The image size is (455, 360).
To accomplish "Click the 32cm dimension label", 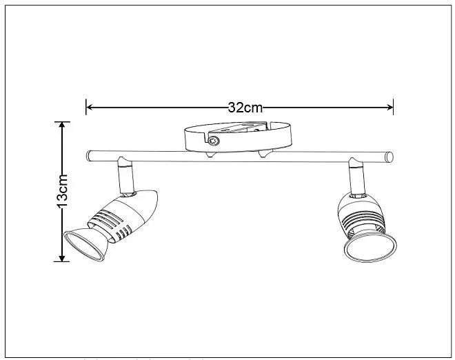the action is click(245, 108).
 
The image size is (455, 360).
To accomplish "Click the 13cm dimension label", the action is click(62, 192).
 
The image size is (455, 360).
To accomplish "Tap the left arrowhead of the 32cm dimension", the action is click(90, 108).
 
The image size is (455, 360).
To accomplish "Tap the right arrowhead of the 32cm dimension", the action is click(390, 108).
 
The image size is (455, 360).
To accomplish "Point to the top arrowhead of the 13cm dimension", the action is click(62, 125).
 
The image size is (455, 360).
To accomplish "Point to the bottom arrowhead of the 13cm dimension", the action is click(62, 258).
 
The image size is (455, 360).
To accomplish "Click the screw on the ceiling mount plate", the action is click(214, 141).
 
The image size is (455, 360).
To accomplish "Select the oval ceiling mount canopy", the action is click(238, 137).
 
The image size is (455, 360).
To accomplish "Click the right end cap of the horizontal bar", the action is click(389, 157).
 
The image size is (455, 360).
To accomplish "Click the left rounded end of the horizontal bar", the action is click(88, 156).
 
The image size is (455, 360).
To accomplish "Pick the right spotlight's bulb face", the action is click(371, 247).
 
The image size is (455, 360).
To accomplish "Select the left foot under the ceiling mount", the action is click(211, 154).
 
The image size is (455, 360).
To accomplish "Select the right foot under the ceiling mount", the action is click(265, 154).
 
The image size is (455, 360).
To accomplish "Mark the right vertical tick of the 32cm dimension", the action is click(393, 107).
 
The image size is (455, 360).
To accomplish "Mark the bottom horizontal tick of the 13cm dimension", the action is click(62, 261).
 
